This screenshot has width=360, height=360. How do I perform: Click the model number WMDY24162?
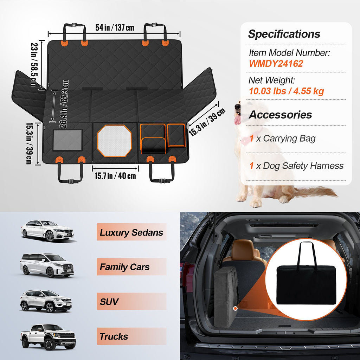pyautogui.click(x=276, y=64)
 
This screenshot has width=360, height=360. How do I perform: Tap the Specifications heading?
pyautogui.click(x=284, y=34)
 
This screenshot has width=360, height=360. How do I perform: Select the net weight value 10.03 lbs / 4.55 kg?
pyautogui.click(x=286, y=91)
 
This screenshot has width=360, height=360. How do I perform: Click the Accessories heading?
pyautogui.click(x=280, y=115)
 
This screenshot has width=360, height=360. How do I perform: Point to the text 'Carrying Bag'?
pyautogui.click(x=289, y=139)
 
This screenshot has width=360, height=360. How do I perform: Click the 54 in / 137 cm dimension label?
pyautogui.click(x=115, y=27)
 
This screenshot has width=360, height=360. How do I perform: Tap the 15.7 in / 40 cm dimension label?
pyautogui.click(x=115, y=176)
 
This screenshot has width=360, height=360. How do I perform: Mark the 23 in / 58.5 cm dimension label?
pyautogui.click(x=34, y=65)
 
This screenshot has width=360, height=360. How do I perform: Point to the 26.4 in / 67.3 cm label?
pyautogui.click(x=64, y=104)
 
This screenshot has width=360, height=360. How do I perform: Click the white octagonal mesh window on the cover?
pyautogui.click(x=114, y=141)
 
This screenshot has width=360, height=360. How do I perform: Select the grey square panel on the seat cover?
pyautogui.click(x=67, y=140)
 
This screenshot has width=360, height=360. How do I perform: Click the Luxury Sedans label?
pyautogui.click(x=131, y=232)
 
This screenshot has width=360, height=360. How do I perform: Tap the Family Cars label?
pyautogui.click(x=124, y=267)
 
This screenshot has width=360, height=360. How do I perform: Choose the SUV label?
pyautogui.click(x=109, y=301)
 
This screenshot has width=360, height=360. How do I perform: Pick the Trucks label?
pyautogui.click(x=114, y=336)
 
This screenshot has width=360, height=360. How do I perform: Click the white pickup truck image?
pyautogui.click(x=48, y=337)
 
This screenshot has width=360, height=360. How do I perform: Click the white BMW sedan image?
pyautogui.click(x=47, y=231)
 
